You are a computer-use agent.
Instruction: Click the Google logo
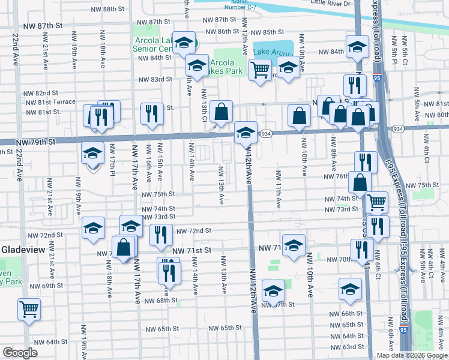[20, 353]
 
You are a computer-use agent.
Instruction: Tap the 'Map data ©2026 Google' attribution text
[412, 355]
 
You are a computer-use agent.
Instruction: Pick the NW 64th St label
[51, 341]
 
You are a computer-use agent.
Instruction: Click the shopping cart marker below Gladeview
[29, 309]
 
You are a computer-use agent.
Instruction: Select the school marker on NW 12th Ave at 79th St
[246, 133]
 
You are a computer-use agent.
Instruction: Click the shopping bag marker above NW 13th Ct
[221, 110]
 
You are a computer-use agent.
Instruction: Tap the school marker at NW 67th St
[273, 292]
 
